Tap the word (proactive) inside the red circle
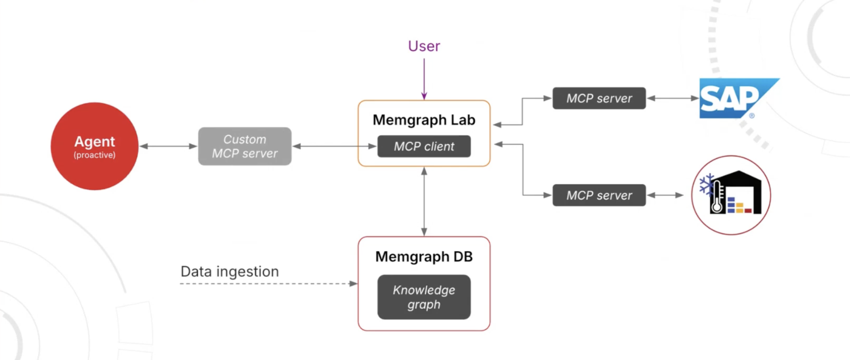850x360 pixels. click(x=94, y=155)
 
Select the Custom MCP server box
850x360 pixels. click(x=245, y=146)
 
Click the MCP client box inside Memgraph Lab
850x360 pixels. click(x=424, y=146)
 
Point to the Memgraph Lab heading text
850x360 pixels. click(x=424, y=120)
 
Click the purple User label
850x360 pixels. click(x=424, y=46)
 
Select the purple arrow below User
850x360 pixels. click(x=424, y=79)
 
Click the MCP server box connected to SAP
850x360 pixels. click(x=599, y=98)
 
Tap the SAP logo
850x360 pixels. click(x=732, y=99)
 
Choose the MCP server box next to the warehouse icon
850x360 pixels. click(x=599, y=195)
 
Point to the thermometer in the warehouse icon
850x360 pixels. click(x=717, y=198)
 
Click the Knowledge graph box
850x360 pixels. click(x=424, y=297)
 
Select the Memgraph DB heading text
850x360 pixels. click(x=424, y=257)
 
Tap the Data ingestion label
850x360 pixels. click(x=229, y=272)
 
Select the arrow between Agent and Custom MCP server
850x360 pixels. click(x=168, y=146)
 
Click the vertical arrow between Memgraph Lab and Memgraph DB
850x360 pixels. click(x=424, y=201)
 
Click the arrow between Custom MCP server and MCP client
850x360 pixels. click(x=334, y=146)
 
